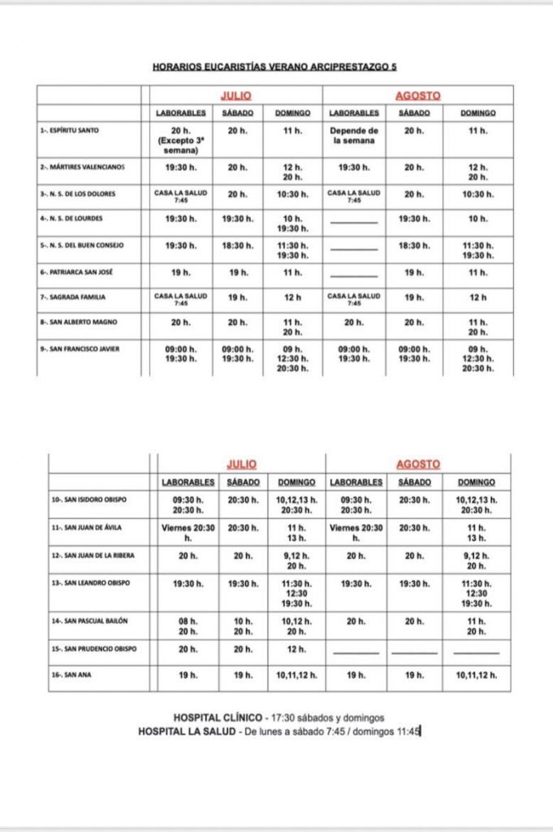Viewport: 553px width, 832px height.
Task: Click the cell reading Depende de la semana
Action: coord(354,135)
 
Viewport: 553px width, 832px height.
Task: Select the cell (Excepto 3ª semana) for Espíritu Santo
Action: coord(180,145)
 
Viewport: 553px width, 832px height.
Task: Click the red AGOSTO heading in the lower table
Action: coord(418,464)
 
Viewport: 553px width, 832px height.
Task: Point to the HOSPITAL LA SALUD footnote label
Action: coord(191,732)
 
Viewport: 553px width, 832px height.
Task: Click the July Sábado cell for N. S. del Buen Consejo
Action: coord(236,245)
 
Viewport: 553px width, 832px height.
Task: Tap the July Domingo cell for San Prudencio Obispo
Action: coord(296,649)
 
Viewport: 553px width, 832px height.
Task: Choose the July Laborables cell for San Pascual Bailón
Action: coord(188,626)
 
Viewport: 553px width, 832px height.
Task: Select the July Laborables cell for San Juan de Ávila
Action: coord(188,532)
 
